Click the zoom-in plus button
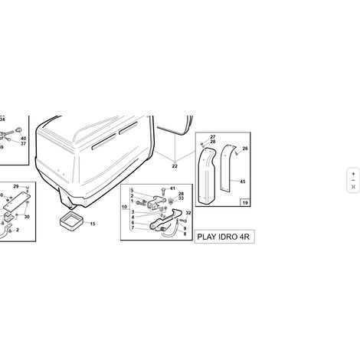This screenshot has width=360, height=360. (353, 174)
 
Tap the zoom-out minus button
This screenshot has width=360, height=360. (353, 181)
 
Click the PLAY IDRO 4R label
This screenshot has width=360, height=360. (224, 237)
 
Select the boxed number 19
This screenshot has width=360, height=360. (245, 203)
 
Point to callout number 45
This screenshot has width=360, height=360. (243, 182)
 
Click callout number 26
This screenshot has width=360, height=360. (245, 149)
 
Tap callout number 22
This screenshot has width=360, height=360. (175, 166)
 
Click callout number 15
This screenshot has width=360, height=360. (93, 224)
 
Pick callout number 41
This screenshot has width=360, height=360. (172, 188)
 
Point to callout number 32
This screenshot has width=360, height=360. (188, 213)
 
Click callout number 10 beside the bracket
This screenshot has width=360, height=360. (124, 207)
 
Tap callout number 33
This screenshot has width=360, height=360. (181, 198)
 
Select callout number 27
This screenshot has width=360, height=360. (213, 137)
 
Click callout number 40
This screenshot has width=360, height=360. (23, 139)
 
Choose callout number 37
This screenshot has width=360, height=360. (23, 143)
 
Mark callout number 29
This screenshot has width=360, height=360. (16, 186)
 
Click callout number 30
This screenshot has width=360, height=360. (27, 217)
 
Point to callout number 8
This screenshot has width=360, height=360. (185, 234)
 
